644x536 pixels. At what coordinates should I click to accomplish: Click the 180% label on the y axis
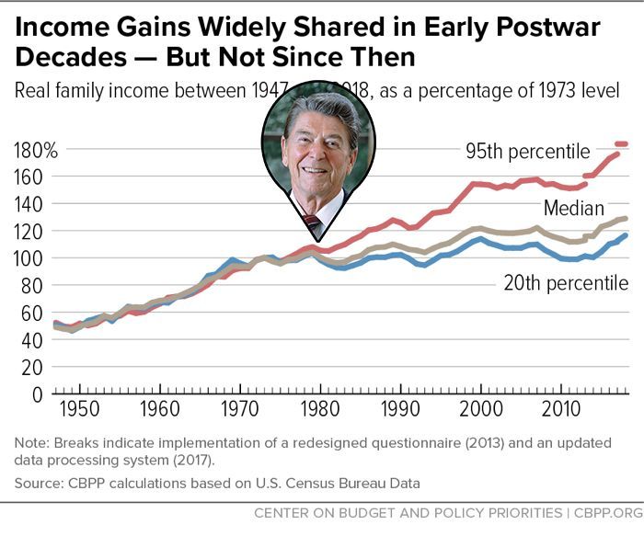pyautogui.click(x=35, y=150)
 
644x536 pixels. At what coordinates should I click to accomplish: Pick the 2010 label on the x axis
pyautogui.click(x=558, y=407)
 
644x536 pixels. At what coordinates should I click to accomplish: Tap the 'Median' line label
pyautogui.click(x=573, y=208)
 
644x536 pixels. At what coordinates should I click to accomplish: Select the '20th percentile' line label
pyautogui.click(x=566, y=283)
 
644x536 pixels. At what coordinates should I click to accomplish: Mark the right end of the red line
pyautogui.click(x=626, y=143)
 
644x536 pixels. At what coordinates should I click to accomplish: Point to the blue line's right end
pyautogui.click(x=626, y=235)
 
